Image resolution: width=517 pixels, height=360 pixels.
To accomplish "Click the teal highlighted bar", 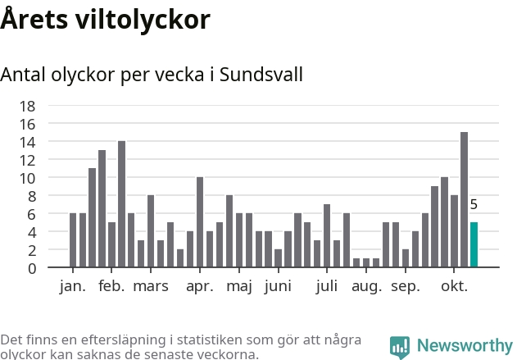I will [x=474, y=244].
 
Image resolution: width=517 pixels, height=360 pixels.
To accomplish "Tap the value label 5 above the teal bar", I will [x=474, y=205].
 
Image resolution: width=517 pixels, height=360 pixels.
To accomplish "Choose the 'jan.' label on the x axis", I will [x=73, y=286].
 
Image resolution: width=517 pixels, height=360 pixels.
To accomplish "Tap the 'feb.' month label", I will [x=111, y=286].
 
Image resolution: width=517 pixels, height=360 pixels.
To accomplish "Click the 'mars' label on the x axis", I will [x=151, y=286].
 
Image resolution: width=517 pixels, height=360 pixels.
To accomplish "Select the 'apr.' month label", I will [x=200, y=286].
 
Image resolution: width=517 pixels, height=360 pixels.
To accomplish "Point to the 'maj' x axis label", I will [x=239, y=286].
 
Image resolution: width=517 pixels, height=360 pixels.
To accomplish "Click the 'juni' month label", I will [x=278, y=286].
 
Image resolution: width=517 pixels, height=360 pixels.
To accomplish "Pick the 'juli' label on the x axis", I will [x=327, y=286].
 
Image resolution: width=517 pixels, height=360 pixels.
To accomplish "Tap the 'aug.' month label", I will [x=366, y=286].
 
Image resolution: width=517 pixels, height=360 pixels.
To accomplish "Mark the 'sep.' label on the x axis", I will [x=406, y=286].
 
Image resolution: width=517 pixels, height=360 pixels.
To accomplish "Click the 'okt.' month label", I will [x=454, y=286].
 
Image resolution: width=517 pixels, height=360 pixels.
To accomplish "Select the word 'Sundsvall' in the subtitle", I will [x=262, y=75].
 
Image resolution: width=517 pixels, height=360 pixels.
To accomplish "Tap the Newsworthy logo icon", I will [x=399, y=346].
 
